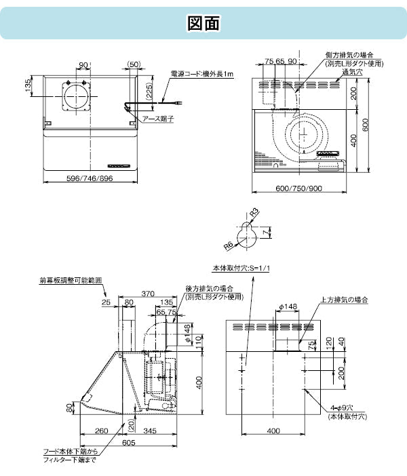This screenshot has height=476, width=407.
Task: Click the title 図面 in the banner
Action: click(x=203, y=23)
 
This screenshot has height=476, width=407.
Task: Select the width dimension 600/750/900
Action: click(x=298, y=188)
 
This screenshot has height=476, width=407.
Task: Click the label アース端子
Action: click(x=156, y=119)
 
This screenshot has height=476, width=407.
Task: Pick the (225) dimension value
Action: click(x=149, y=88)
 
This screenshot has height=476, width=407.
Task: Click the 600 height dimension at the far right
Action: click(x=367, y=124)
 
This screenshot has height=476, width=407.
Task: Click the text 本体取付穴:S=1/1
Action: click(x=241, y=268)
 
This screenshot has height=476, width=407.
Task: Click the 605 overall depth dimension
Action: click(x=129, y=443)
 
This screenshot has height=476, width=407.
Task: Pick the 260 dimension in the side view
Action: click(x=102, y=430)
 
